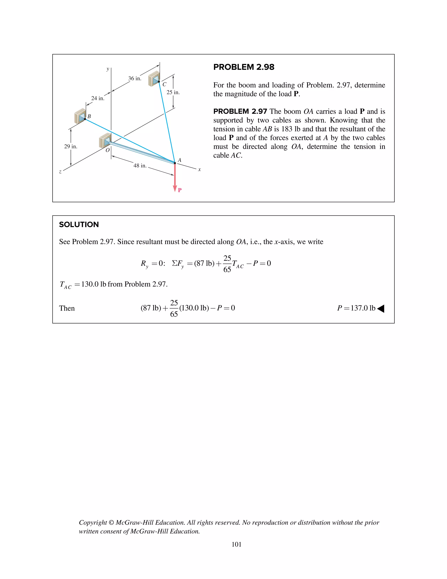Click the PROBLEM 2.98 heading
pyautogui.click(x=244, y=67)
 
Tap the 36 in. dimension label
pyautogui.click(x=134, y=78)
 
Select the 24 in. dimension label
pyautogui.click(x=98, y=98)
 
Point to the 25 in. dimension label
pyautogui.click(x=173, y=92)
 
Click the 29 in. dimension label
pyautogui.click(x=71, y=146)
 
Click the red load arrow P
pyautogui.click(x=175, y=178)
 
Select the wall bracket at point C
pyautogui.click(x=154, y=78)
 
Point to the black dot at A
pyautogui.click(x=175, y=163)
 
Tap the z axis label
pyautogui.click(x=60, y=172)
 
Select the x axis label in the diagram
pyautogui.click(x=199, y=170)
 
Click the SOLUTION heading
pyautogui.click(x=79, y=225)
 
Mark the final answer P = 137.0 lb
pyautogui.click(x=356, y=308)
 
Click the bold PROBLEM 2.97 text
pyautogui.click(x=240, y=111)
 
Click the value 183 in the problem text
pyautogui.click(x=287, y=129)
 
